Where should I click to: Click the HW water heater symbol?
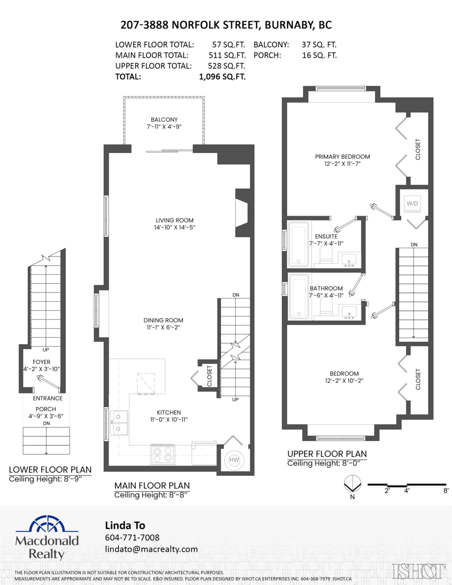pyautogui.click(x=233, y=460)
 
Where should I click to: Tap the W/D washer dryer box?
pyautogui.click(x=413, y=203)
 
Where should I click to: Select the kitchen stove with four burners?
pyautogui.click(x=163, y=454)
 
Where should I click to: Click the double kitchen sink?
pyautogui.click(x=119, y=422)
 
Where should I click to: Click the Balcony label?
pyautogui.click(x=164, y=119)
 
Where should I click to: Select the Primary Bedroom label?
pyautogui.click(x=342, y=156)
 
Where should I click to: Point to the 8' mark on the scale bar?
pyautogui.click(x=446, y=491)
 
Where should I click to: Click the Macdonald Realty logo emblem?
pyautogui.click(x=47, y=525)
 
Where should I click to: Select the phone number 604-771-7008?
pyautogui.click(x=132, y=537)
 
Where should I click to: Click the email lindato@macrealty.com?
pyautogui.click(x=152, y=549)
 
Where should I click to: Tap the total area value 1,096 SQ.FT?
pyautogui.click(x=222, y=77)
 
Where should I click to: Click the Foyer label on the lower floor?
pyautogui.click(x=41, y=361)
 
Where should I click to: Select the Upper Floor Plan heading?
pyautogui.click(x=327, y=453)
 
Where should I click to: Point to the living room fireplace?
pyautogui.click(x=242, y=213)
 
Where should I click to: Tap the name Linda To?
pyautogui.click(x=125, y=525)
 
